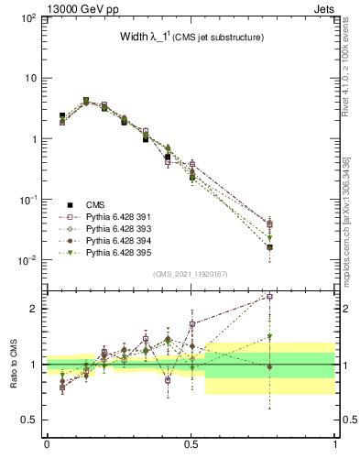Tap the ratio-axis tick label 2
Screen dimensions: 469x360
pos(32,309)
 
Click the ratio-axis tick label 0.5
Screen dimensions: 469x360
pos(28,420)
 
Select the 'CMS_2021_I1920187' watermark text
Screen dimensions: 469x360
pos(191,274)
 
